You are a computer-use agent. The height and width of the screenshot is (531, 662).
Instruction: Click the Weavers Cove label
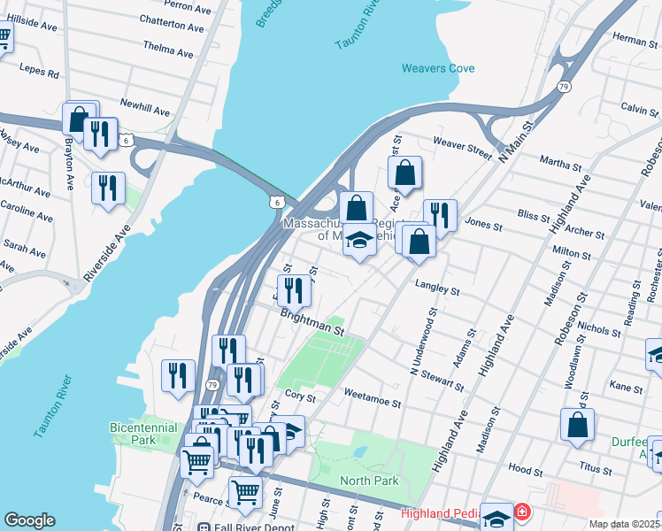click(x=437, y=68)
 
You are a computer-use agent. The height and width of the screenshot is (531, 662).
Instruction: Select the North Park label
click(x=369, y=481)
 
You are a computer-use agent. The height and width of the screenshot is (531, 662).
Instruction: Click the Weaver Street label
click(x=461, y=148)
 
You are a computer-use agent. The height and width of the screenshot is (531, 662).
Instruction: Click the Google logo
click(x=30, y=520)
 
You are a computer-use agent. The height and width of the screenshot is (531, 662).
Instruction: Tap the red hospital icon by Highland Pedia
click(x=522, y=512)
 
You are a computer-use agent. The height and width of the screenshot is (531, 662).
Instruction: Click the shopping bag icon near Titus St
click(x=577, y=425)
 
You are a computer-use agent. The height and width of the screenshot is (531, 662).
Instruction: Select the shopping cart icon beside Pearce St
click(x=245, y=490)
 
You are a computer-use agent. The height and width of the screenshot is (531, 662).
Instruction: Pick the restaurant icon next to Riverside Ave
click(x=108, y=188)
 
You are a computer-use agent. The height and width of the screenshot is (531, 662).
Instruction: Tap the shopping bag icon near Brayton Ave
click(x=79, y=119)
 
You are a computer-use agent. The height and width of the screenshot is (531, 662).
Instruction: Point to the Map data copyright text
click(x=625, y=524)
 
